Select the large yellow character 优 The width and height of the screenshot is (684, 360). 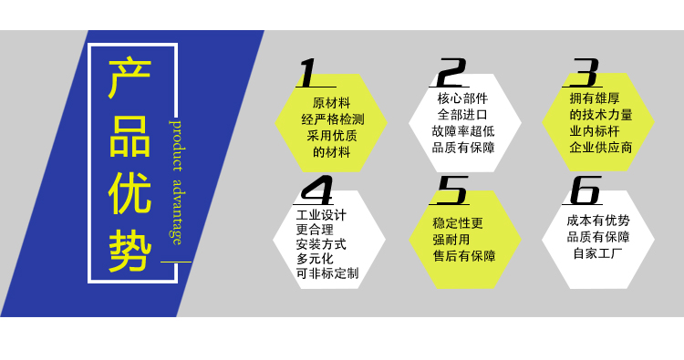[x=130, y=192]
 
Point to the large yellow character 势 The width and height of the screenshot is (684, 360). [x=130, y=248]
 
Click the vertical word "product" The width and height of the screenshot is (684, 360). [x=176, y=144]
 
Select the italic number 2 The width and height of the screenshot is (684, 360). [x=450, y=72]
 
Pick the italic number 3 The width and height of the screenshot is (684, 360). [x=585, y=72]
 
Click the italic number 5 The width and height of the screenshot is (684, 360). [x=451, y=190]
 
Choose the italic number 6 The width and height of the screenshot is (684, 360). [x=585, y=190]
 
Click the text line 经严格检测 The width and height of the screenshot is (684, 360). [x=332, y=119]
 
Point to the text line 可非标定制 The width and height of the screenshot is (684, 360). [x=327, y=273]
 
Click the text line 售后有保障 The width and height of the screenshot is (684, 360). [x=464, y=256]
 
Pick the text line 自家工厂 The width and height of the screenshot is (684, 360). [x=598, y=253]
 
